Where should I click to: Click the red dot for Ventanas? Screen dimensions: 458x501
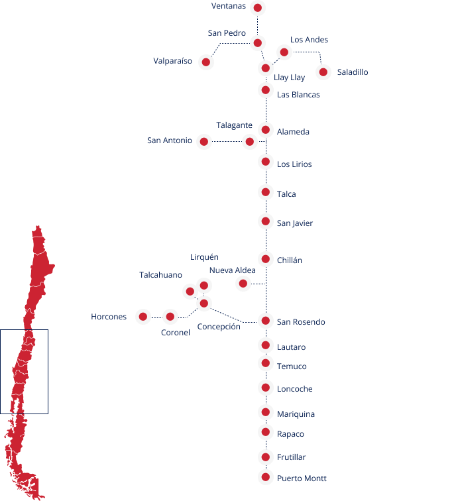258,8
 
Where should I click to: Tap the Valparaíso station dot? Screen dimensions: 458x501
206,62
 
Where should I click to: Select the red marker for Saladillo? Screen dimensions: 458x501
323,72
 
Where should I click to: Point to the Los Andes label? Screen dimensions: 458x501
309,40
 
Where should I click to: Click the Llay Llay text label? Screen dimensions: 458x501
289,78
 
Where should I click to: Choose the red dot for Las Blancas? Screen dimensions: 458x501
266,89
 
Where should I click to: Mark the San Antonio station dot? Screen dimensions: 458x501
204,141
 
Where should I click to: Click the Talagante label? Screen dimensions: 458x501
234,125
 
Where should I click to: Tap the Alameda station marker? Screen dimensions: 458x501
266,130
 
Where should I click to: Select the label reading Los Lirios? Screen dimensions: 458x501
294,164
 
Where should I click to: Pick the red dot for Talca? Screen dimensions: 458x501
266,192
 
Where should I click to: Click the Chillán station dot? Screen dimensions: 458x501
266,259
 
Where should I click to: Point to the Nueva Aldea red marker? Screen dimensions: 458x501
243,284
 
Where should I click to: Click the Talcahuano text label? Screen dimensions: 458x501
161,275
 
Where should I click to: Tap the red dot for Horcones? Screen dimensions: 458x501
143,317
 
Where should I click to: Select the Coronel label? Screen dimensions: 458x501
176,333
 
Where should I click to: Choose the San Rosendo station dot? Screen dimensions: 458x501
266,321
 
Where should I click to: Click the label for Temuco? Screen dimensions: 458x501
292,366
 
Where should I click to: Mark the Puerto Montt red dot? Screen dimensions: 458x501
266,477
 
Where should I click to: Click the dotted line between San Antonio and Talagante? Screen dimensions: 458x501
227,141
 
